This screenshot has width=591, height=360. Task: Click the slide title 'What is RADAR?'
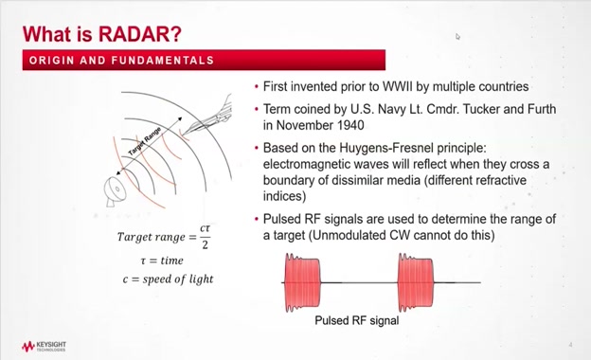point(101,34)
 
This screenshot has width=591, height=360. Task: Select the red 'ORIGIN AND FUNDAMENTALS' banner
point(203,61)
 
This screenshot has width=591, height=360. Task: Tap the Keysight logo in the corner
point(45,346)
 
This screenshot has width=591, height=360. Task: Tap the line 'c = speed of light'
point(166,279)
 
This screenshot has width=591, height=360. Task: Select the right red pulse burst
point(416,282)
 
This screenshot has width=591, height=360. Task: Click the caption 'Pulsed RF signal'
point(356,320)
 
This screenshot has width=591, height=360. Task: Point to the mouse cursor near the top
point(457,37)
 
